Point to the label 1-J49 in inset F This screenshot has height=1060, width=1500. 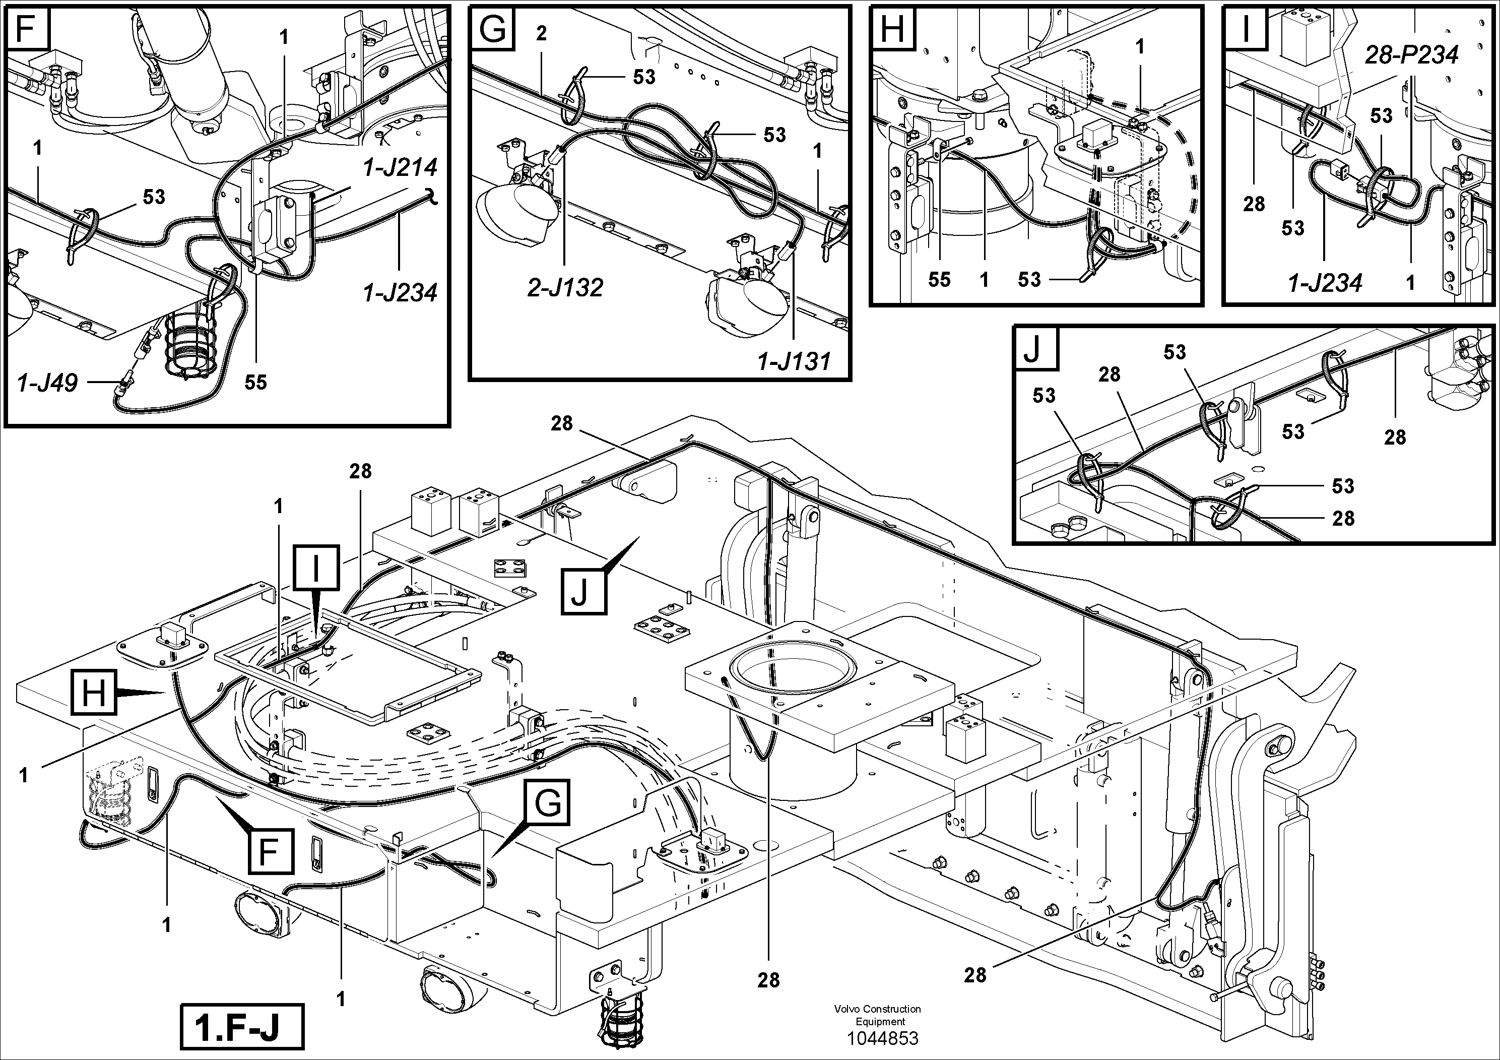click(48, 382)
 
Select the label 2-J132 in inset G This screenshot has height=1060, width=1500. click(566, 287)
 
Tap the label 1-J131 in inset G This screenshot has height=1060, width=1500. click(794, 361)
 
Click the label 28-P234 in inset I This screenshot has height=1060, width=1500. click(1411, 55)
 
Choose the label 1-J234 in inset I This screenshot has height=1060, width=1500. click(1325, 283)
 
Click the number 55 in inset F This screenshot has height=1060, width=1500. click(255, 382)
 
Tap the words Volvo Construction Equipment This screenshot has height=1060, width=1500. click(877, 1015)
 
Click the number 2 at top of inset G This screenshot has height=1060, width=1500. click(541, 33)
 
